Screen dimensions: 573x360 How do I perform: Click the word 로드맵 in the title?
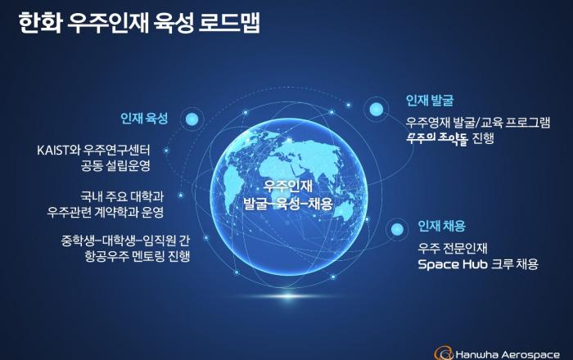click(229, 23)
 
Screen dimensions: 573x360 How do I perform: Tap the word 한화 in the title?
click(40, 23)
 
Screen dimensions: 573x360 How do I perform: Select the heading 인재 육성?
click(144, 119)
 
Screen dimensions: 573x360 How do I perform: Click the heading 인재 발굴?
click(430, 101)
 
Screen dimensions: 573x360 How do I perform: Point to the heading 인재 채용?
click(442, 227)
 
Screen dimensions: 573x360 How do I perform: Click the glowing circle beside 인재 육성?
click(192, 119)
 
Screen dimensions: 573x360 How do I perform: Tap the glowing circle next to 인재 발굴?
click(376, 109)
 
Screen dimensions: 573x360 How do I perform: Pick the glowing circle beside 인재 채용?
click(397, 229)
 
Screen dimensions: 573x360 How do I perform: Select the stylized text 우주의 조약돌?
click(436, 138)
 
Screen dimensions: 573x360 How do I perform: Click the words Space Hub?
click(453, 264)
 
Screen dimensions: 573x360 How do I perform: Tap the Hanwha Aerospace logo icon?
click(444, 353)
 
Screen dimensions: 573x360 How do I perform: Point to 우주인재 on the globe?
click(289, 187)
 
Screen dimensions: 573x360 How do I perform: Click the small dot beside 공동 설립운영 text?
click(166, 151)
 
